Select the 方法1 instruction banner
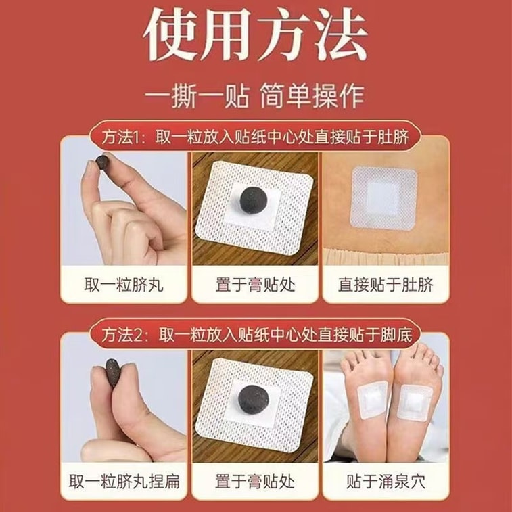(256, 137)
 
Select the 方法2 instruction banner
(256, 333)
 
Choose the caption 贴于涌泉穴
(386, 482)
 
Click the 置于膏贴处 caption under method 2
(255, 482)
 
